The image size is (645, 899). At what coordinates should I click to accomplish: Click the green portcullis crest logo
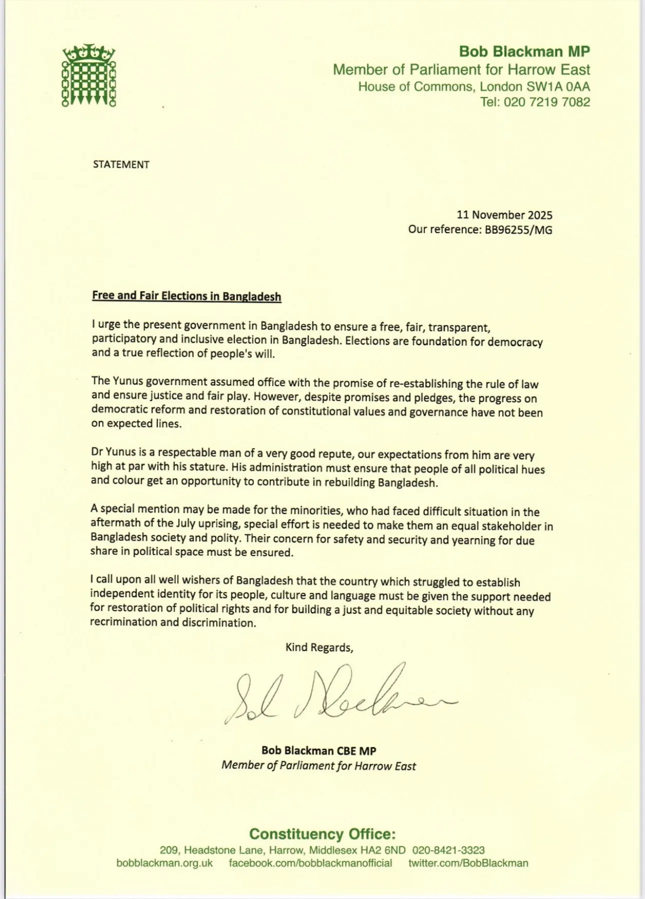coord(88,75)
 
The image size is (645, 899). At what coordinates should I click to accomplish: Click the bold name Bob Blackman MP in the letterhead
coord(524,51)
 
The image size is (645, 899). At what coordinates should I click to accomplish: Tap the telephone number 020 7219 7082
coord(547,102)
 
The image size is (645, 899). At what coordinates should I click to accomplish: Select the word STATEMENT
coord(121,164)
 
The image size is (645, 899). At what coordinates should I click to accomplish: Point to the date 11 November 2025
coord(504,215)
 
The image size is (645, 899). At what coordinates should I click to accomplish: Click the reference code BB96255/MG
coord(518,229)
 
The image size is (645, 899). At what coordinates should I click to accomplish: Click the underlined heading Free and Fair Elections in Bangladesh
coord(186,296)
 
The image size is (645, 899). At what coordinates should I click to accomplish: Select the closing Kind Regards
coord(319,647)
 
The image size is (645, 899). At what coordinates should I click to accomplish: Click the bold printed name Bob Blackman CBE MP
coord(318,750)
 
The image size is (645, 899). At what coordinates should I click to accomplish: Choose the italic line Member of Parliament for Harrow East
coord(318,766)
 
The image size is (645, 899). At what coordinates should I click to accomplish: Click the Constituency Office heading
coord(322,834)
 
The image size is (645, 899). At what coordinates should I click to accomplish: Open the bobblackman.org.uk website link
coord(164,863)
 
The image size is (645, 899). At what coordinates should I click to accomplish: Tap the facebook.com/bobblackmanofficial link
coord(310,863)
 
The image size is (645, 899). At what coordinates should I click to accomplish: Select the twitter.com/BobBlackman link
coord(468,863)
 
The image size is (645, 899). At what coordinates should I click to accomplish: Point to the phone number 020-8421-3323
coord(448,850)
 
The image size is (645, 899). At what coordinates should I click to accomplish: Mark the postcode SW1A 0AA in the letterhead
coord(558,86)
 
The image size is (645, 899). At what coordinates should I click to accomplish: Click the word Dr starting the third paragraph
coord(97,452)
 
